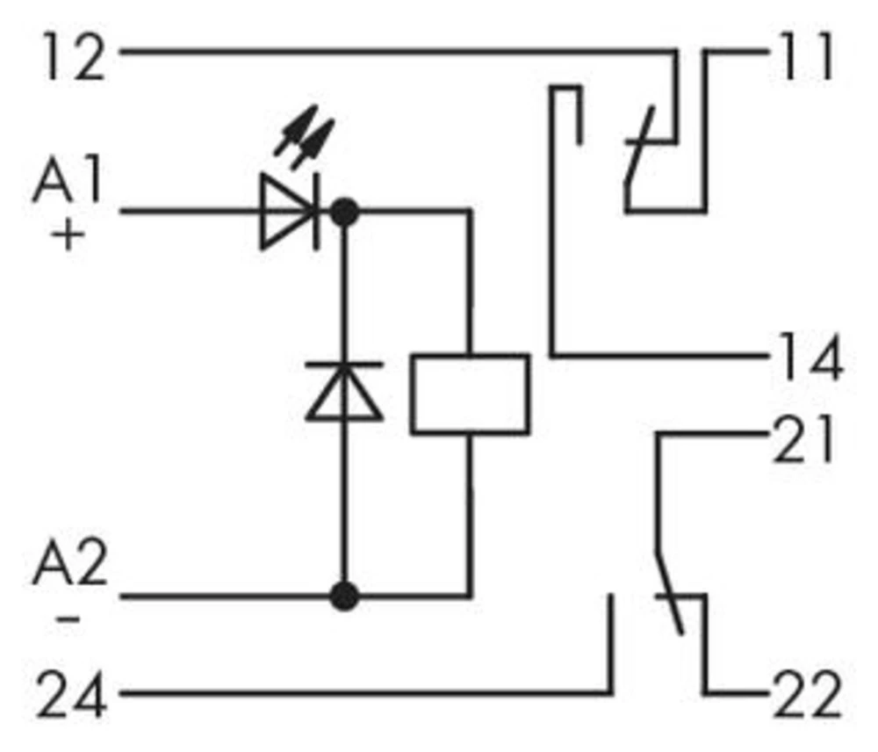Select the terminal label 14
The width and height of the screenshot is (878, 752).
[x=808, y=358]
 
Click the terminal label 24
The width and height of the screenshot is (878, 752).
[x=71, y=696]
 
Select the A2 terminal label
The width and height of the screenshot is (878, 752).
[x=70, y=568]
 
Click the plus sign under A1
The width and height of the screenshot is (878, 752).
[x=68, y=235]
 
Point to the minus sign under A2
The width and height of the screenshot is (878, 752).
[x=68, y=620]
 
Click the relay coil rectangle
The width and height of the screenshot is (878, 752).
[x=471, y=394]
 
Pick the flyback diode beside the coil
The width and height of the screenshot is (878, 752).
[x=343, y=391]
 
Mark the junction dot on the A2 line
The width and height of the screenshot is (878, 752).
[x=344, y=596]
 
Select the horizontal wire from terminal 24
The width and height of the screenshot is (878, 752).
[x=351, y=693]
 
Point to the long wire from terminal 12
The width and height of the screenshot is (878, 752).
[x=395, y=52]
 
